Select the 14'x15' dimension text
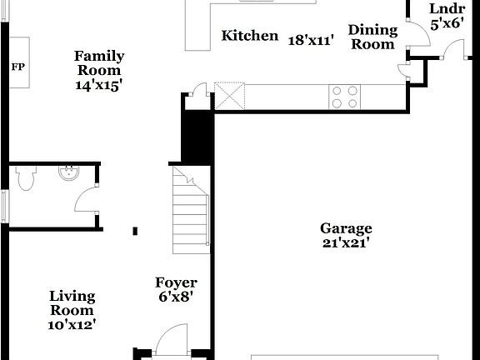coord(99,84)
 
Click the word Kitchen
coord(249,35)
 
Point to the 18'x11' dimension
coord(310,38)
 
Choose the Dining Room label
coord(372,37)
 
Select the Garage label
coord(346,228)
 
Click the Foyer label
coord(176,282)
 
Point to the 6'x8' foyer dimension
coord(176,297)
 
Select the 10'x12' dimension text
coord(72,324)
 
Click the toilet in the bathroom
coord(25,177)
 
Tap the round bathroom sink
coord(67,173)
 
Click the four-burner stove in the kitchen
coord(344,97)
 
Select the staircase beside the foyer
coord(190,209)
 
